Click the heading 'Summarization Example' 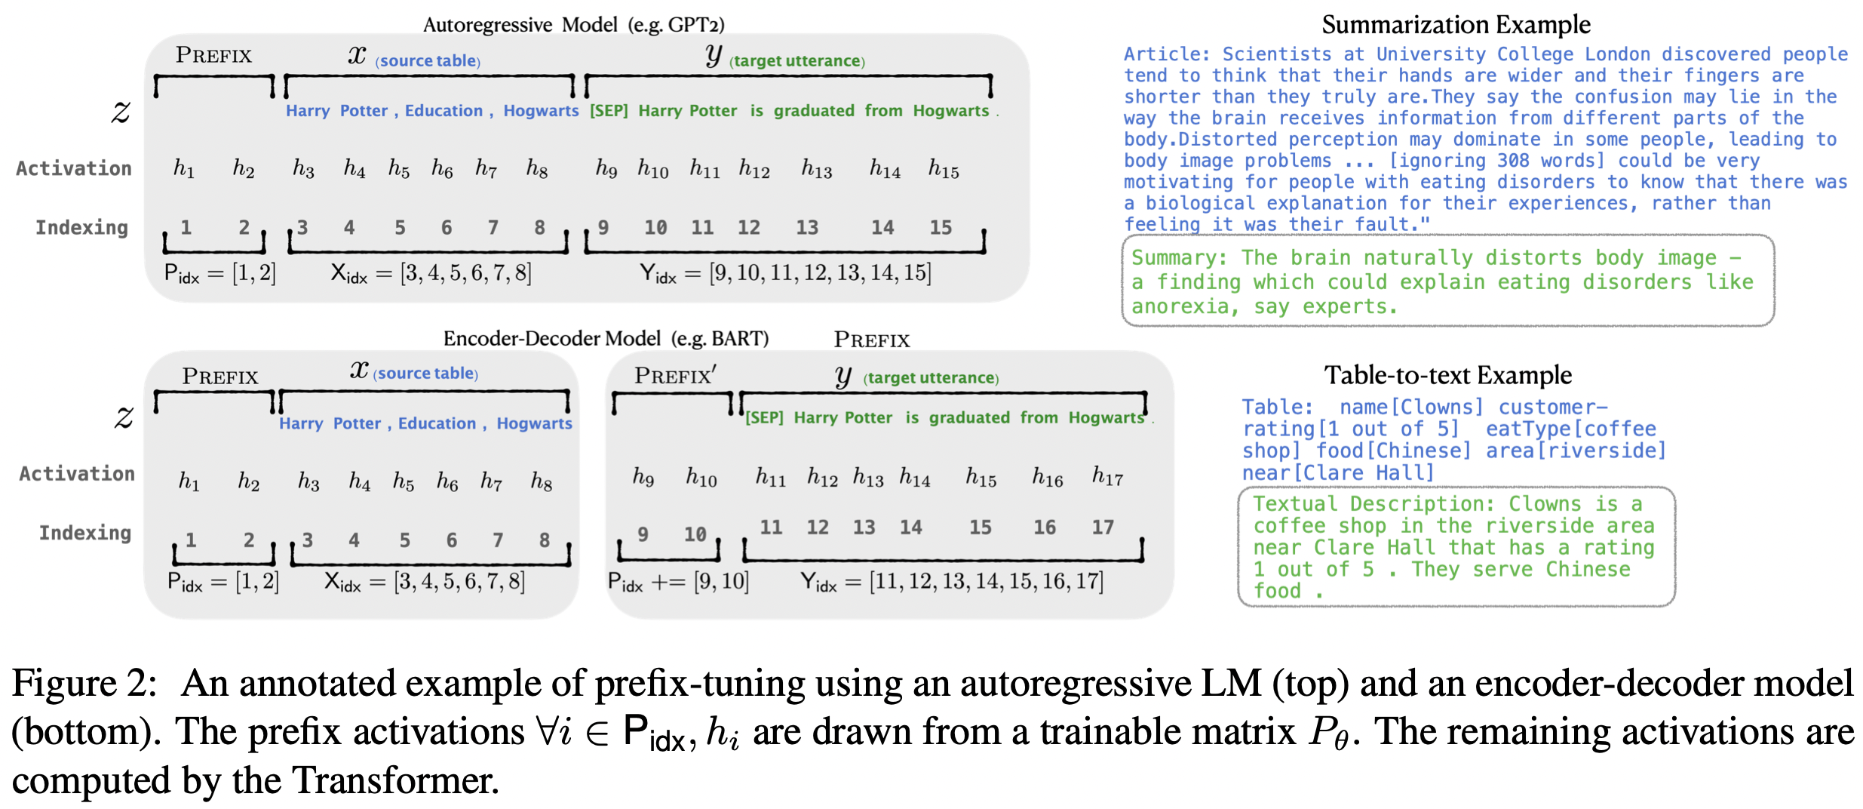1456,25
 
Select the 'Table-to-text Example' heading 1448,375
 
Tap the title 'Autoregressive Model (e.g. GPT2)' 573,25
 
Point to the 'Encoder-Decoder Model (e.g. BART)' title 606,338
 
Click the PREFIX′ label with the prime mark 675,375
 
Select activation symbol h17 1107,475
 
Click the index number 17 1103,527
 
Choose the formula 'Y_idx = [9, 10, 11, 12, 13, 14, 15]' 785,272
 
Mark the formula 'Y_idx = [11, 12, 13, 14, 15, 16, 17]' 952,582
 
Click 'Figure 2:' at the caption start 84,684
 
